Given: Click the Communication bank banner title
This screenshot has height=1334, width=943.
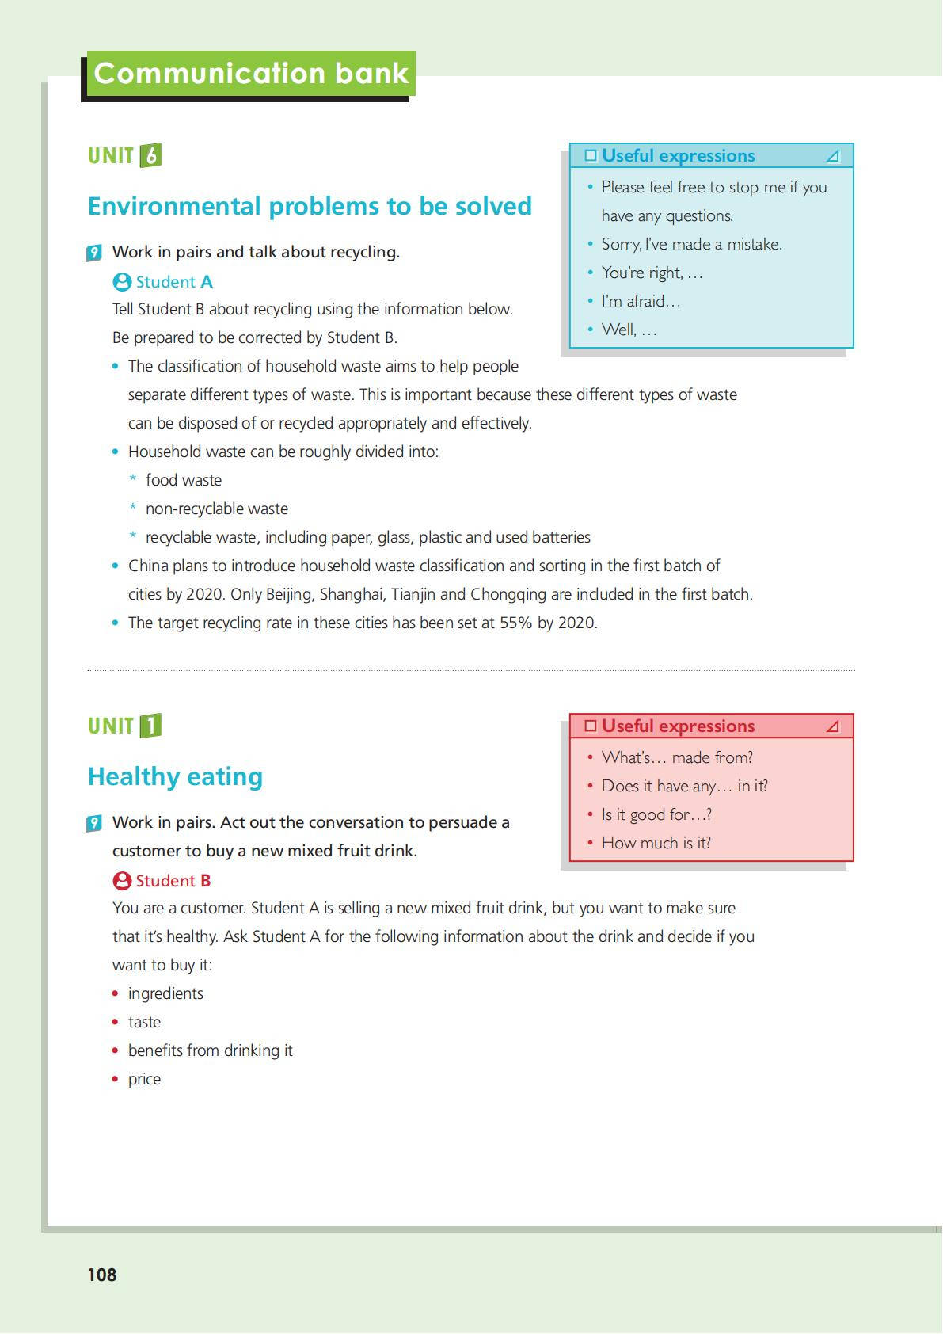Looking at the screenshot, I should (x=250, y=74).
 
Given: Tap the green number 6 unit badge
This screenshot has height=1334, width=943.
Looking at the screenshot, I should (x=150, y=155).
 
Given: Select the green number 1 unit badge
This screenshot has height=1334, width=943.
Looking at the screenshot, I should (x=150, y=726).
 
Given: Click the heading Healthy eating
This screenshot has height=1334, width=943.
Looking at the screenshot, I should (x=175, y=776).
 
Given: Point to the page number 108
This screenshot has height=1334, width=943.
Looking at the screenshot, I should (x=102, y=1275).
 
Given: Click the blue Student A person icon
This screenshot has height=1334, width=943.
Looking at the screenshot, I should (x=122, y=282).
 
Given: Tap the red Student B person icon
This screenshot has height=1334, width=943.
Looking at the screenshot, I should (x=122, y=881).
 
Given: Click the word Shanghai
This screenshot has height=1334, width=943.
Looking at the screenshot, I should (x=351, y=594).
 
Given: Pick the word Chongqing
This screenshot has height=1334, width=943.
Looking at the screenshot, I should (x=508, y=594).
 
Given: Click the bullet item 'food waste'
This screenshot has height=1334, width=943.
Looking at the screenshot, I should (x=184, y=480).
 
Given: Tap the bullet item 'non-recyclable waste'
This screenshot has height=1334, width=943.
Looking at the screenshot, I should (x=217, y=509).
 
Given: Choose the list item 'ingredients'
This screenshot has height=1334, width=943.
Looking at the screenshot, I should (x=165, y=993).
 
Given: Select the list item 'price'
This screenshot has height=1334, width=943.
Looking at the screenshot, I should (x=144, y=1079).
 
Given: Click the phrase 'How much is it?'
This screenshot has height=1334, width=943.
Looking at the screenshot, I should (x=656, y=843).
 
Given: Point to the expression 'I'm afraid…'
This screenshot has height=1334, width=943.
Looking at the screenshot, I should (x=641, y=301).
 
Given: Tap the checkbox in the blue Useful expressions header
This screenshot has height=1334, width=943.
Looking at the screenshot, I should (x=591, y=155).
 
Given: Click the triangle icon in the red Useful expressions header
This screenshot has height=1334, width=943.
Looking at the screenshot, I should (x=833, y=726).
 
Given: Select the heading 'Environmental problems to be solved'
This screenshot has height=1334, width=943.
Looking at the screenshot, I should (x=310, y=206).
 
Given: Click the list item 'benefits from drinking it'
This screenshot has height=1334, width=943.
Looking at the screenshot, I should (x=211, y=1050).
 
